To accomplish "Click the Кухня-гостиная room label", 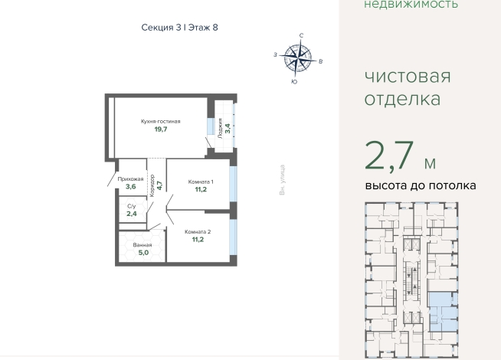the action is [160, 121].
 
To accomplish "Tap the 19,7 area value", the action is [161, 129].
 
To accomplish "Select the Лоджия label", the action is [220, 129].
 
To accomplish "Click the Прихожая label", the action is [130, 179].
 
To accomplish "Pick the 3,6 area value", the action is [131, 187].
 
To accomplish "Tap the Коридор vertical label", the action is [152, 185].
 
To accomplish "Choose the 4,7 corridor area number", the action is [159, 185].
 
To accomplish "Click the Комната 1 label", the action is [201, 182].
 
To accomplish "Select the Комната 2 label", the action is [198, 232].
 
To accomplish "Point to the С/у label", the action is [131, 206].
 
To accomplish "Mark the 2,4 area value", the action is [132, 214].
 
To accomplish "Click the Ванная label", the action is [142, 245].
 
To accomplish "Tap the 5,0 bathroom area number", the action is [143, 253].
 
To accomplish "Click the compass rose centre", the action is [298, 58].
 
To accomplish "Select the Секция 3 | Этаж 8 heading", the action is [179, 28].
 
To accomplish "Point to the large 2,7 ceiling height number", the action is [389, 156].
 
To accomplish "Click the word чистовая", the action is [408, 77].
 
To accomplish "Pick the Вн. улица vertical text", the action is [282, 180].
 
